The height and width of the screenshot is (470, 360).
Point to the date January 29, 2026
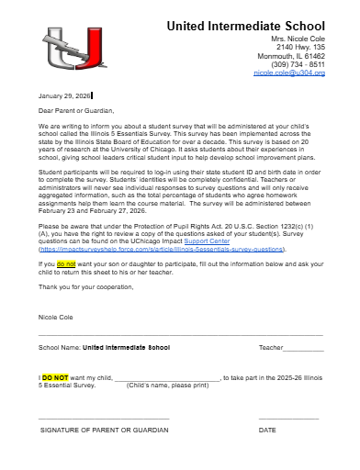coord(63,95)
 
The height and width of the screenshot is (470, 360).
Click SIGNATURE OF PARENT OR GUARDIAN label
coord(104,430)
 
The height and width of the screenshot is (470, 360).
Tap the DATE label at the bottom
coord(267,430)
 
